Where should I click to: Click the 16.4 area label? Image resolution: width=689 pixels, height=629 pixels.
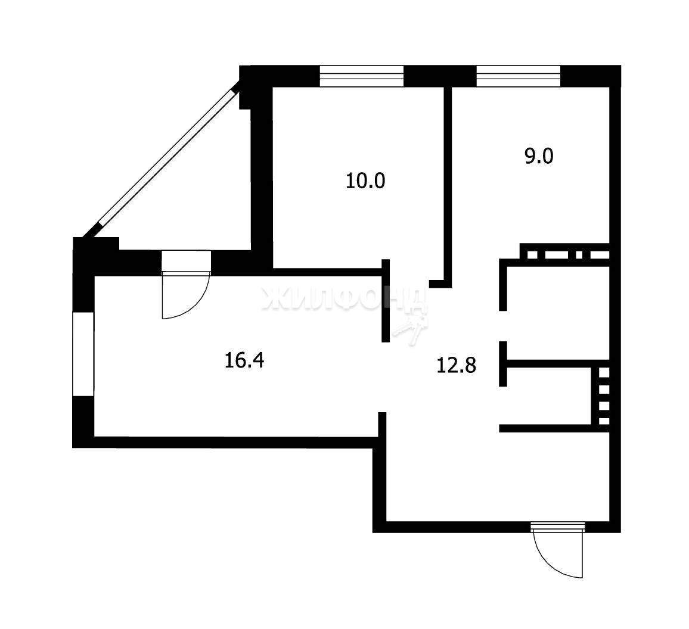click(244, 360)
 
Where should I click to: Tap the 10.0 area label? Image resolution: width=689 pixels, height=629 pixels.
click(365, 180)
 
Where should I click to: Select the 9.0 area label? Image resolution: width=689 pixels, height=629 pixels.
click(539, 157)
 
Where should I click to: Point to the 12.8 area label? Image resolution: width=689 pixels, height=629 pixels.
click(457, 365)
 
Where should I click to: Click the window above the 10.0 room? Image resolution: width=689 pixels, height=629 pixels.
click(361, 76)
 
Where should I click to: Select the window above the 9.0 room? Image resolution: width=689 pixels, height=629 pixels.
click(519, 76)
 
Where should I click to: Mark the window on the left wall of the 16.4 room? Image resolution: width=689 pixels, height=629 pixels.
click(83, 354)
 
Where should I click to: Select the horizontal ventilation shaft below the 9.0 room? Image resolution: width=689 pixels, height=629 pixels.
click(565, 254)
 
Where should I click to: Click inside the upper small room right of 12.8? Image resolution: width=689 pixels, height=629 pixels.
click(558, 313)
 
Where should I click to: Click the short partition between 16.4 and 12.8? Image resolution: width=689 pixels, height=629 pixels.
click(386, 300)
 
